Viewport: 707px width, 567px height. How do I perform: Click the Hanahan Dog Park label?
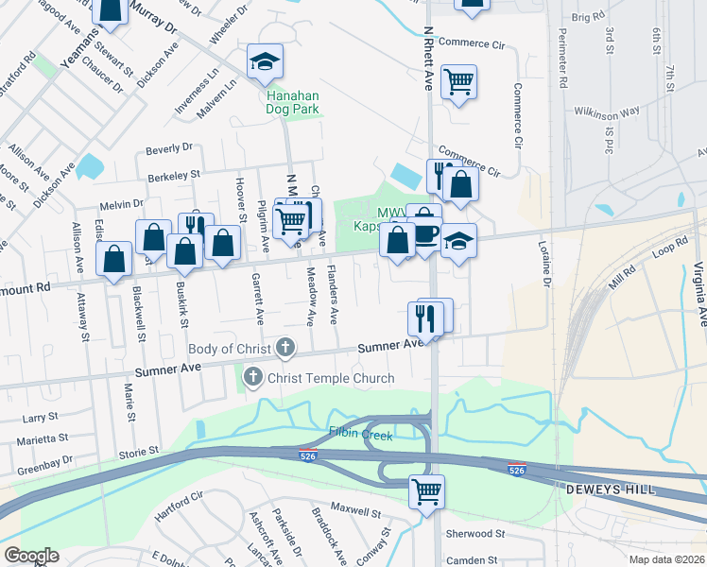(292, 102)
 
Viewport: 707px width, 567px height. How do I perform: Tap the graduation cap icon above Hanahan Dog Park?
(265, 62)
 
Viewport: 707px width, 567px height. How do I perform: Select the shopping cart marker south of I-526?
(426, 490)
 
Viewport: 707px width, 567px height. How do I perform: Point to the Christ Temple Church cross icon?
(252, 378)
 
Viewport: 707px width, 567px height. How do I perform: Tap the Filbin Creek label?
(360, 433)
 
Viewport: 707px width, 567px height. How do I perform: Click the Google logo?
(31, 556)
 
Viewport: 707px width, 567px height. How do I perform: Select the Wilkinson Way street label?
(607, 112)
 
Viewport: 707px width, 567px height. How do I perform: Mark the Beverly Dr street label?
(169, 148)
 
